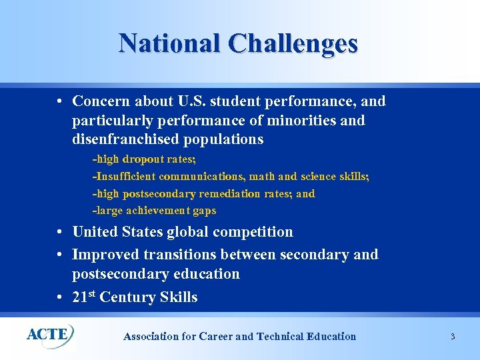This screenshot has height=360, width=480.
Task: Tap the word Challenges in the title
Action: coord(293,43)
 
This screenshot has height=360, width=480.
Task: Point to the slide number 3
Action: coord(453,337)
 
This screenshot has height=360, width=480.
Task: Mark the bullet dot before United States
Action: coord(60,233)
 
